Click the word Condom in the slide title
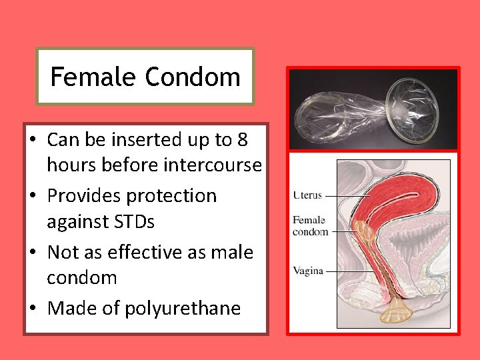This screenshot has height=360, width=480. pyautogui.click(x=192, y=77)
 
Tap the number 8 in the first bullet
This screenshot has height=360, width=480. pyautogui.click(x=243, y=140)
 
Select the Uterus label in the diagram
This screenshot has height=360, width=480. pyautogui.click(x=307, y=195)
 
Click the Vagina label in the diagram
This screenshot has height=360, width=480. pyautogui.click(x=307, y=271)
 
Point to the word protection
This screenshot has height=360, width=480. pyautogui.click(x=174, y=196)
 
